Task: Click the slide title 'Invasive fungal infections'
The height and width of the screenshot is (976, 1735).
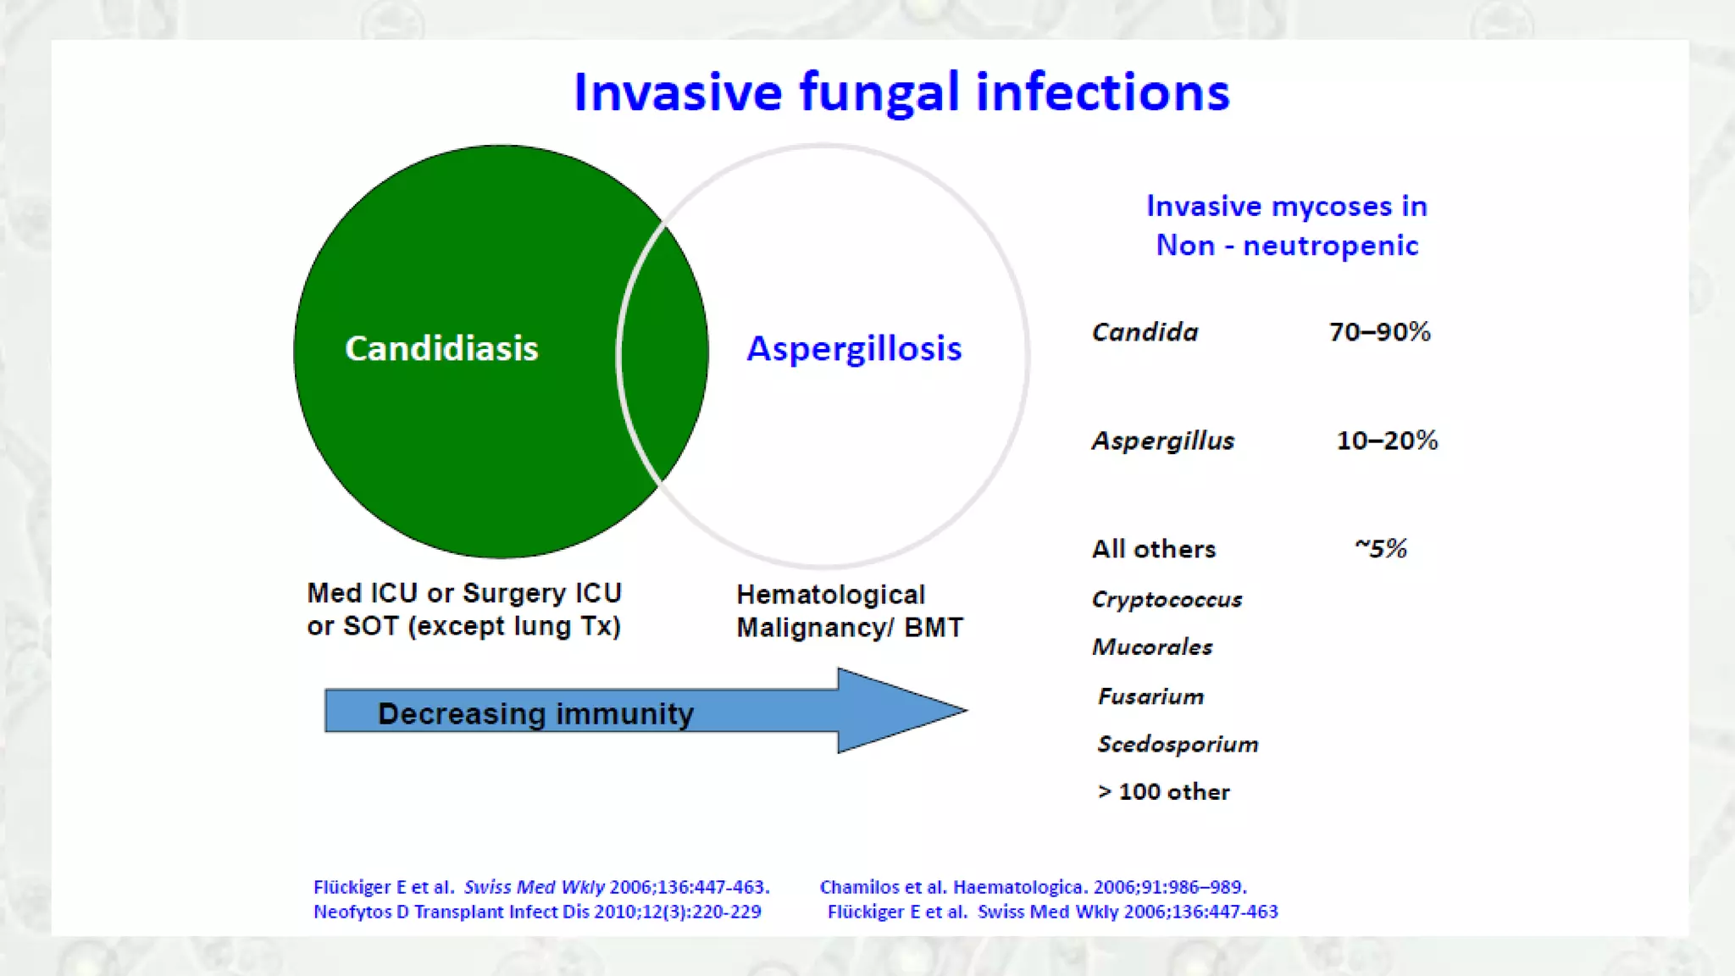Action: pyautogui.click(x=901, y=92)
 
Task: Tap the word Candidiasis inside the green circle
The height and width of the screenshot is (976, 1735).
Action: pyautogui.click(x=441, y=348)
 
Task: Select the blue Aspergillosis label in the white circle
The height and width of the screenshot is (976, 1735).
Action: pyautogui.click(x=854, y=349)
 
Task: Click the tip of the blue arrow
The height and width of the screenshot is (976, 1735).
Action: pyautogui.click(x=967, y=710)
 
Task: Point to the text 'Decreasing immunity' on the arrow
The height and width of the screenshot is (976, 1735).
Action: pyautogui.click(x=535, y=713)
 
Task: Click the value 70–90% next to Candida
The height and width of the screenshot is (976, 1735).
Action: pyautogui.click(x=1379, y=331)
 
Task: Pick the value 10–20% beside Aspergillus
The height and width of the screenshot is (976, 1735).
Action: pyautogui.click(x=1387, y=440)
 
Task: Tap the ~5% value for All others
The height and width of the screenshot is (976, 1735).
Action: pyautogui.click(x=1381, y=548)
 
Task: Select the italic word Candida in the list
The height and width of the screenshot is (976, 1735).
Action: pyautogui.click(x=1145, y=331)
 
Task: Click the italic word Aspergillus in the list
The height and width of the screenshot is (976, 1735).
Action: pyautogui.click(x=1162, y=441)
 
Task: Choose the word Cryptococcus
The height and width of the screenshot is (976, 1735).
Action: pyautogui.click(x=1167, y=600)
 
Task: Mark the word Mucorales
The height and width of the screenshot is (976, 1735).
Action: pyautogui.click(x=1152, y=646)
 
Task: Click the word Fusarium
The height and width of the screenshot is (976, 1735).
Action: pyautogui.click(x=1150, y=696)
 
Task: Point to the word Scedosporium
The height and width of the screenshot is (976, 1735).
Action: pyautogui.click(x=1178, y=744)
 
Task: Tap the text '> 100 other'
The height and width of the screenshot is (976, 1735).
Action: pyautogui.click(x=1163, y=791)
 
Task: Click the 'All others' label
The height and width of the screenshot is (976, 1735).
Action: pyautogui.click(x=1153, y=549)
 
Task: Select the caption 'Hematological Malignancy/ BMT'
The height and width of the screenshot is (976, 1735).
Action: pyautogui.click(x=850, y=611)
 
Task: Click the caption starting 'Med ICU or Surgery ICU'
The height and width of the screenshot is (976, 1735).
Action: pyautogui.click(x=464, y=609)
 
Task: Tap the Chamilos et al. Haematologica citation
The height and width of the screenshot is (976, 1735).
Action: pyautogui.click(x=1033, y=887)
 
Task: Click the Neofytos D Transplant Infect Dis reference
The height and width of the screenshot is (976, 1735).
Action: pyautogui.click(x=537, y=912)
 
